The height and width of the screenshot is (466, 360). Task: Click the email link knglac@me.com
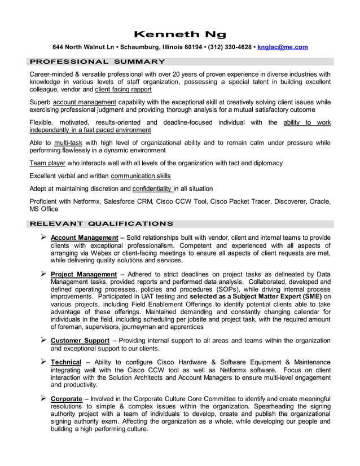282,47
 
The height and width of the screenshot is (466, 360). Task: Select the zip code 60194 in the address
191,47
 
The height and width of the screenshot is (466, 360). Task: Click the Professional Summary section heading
97,61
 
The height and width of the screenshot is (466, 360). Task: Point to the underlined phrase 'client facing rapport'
123,89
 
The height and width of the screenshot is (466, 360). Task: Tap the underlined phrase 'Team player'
49,163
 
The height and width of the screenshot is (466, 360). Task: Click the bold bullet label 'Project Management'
84,274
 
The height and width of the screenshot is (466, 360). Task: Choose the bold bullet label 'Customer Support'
81,341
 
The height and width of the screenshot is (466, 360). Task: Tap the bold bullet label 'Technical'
66,362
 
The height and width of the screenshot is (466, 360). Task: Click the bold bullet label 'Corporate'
67,399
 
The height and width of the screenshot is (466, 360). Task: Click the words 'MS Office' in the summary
44,209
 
